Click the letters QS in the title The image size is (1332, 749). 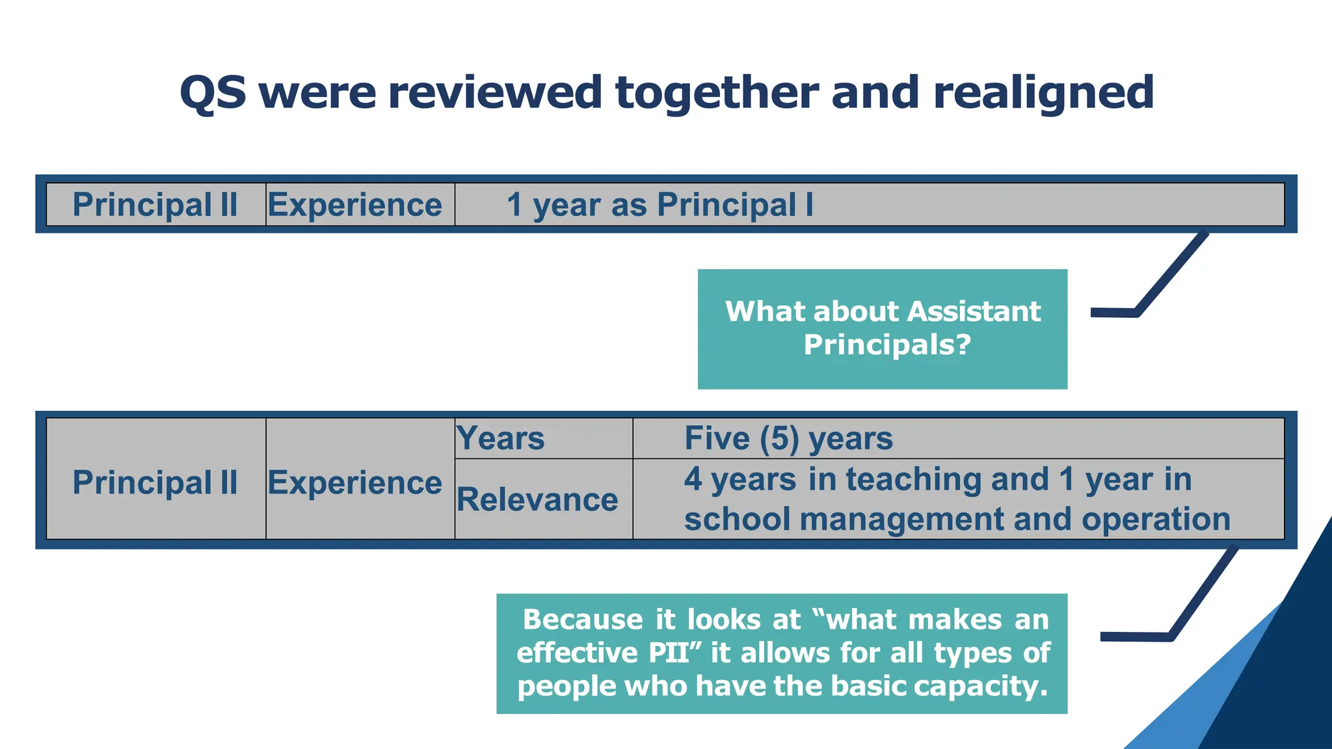(213, 92)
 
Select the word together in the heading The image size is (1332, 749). (717, 92)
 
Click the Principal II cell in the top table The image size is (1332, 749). (155, 205)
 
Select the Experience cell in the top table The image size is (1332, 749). (355, 205)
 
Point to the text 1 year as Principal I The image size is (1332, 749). (659, 205)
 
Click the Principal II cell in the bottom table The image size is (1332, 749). (155, 482)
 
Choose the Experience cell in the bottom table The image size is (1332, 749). (355, 482)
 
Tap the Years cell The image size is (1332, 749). (501, 438)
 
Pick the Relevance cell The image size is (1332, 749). (537, 499)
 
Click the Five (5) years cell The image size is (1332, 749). (788, 438)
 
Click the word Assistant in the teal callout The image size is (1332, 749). (974, 311)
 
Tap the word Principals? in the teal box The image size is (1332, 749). (887, 345)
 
